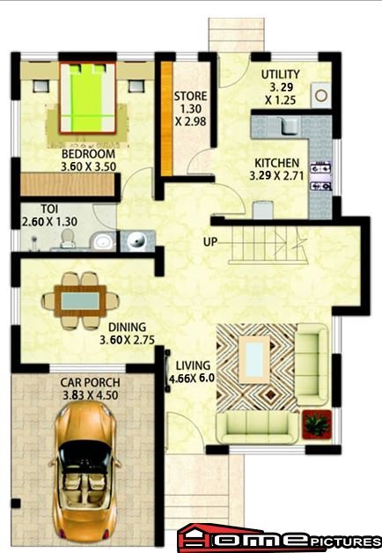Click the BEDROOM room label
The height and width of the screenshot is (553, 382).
click(88, 154)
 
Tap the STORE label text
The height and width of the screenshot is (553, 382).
click(190, 96)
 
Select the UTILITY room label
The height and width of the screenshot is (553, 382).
click(281, 75)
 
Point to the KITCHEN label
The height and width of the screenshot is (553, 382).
click(277, 163)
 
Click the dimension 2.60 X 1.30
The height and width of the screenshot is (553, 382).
click(49, 222)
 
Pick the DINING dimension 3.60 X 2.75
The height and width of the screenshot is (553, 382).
click(128, 340)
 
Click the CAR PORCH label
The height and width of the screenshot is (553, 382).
click(90, 382)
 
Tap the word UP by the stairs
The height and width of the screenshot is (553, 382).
click(210, 242)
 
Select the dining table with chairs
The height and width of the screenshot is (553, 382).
click(80, 300)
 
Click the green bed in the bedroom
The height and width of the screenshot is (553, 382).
click(88, 98)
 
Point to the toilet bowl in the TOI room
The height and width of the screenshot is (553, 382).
click(68, 239)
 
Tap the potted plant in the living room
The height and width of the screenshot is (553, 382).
click(317, 424)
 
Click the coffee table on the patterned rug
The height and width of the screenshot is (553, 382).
click(254, 359)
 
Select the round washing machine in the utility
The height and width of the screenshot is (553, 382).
click(321, 96)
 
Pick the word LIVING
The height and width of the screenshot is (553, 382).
click(193, 365)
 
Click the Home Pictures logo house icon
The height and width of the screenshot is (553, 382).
click(205, 538)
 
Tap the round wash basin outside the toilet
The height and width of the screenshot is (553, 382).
click(136, 241)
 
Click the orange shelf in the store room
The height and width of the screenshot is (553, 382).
click(166, 119)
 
